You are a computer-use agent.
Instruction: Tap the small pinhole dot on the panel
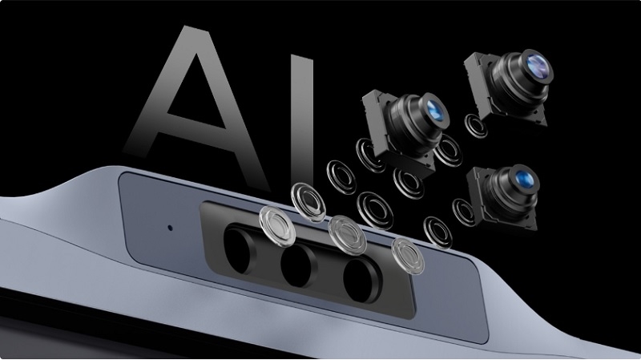170,227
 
